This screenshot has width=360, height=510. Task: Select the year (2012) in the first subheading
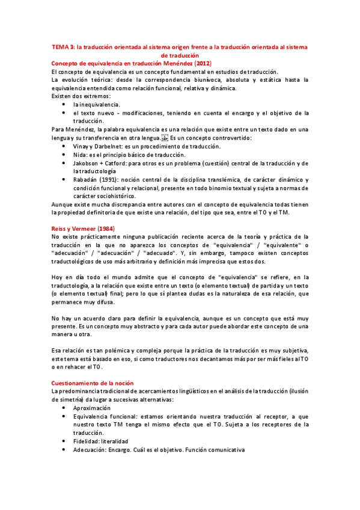[201, 63]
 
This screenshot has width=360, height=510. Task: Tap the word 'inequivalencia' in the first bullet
[100, 105]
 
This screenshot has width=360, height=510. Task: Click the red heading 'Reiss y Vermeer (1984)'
[84, 228]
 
